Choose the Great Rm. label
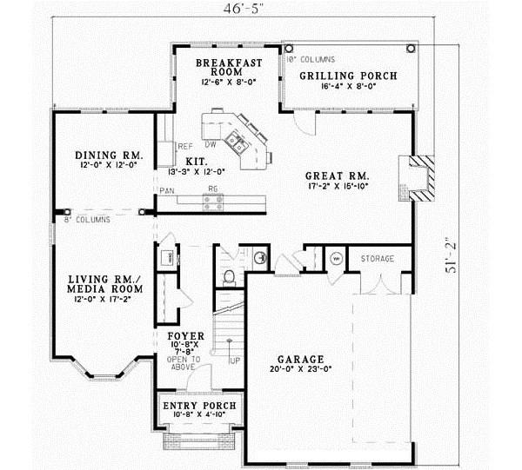[x=338, y=179]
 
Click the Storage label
[x=378, y=259]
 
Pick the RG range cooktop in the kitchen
[x=211, y=202]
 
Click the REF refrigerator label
[x=184, y=146]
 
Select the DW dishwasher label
[x=210, y=144]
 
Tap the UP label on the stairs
[x=234, y=359]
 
